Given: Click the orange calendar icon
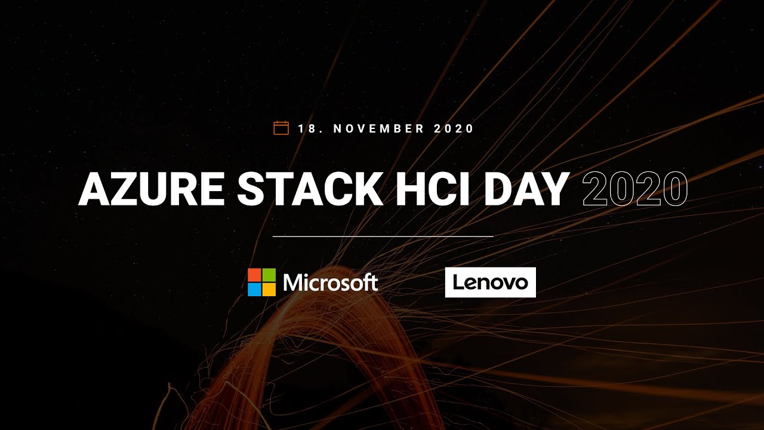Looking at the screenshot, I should pos(281,128).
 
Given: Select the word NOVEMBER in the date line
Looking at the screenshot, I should pos(379,128).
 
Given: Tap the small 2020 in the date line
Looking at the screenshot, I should pos(454,128).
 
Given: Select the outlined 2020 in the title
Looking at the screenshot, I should pos(634,189).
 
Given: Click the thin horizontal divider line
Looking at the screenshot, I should pos(383,236).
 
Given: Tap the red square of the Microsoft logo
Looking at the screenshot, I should pos(254,275).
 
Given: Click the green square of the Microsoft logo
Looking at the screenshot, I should pos(269,275).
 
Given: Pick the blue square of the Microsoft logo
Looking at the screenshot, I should pos(254,289).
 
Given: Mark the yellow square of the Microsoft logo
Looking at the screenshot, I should pos(269,289).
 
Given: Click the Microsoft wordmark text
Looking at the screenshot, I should pos(331,282).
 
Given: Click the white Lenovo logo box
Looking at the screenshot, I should pos(491,282).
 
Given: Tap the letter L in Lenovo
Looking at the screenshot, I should pos(457,282).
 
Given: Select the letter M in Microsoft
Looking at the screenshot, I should pos(292,282).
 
